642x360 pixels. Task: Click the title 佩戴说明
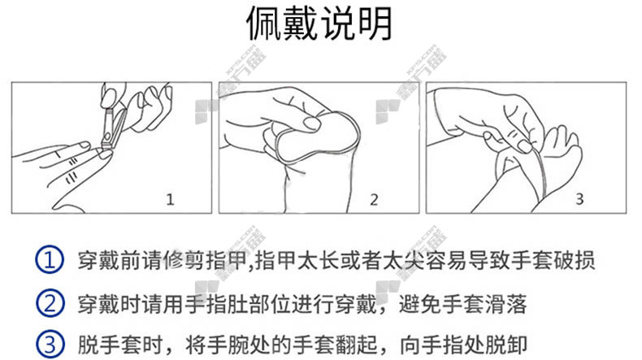(x=319, y=24)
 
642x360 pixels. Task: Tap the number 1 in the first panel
(x=170, y=199)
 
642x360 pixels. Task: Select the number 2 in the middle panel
(x=374, y=199)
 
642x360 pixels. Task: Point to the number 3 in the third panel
(x=579, y=199)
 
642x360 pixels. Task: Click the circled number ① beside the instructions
(x=50, y=260)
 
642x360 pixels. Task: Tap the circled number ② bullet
(x=50, y=303)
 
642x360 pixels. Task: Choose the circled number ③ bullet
(x=50, y=345)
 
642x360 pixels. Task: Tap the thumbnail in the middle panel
(x=312, y=123)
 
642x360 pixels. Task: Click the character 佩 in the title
(x=263, y=24)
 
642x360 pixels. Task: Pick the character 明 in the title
(x=375, y=24)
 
